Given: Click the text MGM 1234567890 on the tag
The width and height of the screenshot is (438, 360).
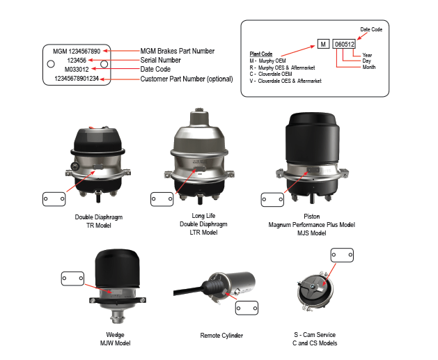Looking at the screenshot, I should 81,51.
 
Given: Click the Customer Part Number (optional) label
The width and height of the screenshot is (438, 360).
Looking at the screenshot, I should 187,79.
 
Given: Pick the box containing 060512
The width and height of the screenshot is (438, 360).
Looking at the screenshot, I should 345,44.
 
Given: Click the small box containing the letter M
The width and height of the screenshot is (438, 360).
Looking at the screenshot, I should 322,44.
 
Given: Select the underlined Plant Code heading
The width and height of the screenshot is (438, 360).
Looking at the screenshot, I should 261,54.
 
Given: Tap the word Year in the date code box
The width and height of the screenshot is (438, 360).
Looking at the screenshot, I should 367,54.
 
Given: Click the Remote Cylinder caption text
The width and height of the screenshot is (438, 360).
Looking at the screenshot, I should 221,336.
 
